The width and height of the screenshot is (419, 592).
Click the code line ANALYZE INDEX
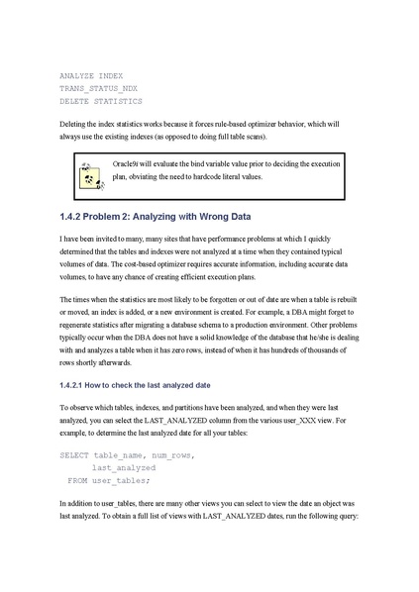(x=91, y=75)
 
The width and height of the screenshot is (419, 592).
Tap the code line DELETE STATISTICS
(x=100, y=101)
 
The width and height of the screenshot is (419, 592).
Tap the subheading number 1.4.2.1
(x=76, y=384)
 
